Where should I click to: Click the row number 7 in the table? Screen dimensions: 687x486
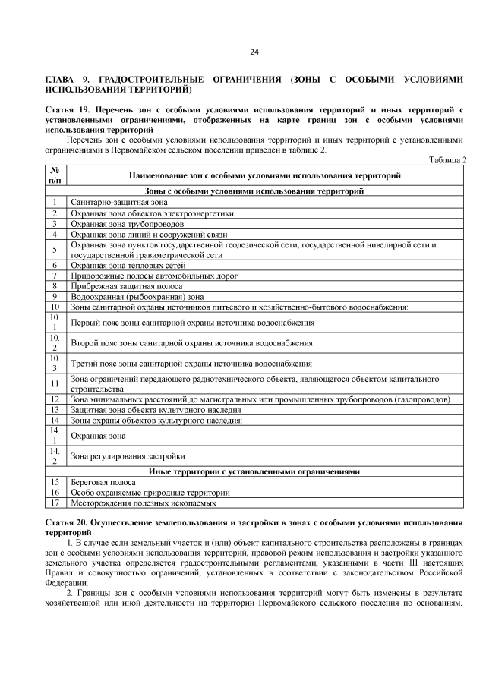tap(55, 276)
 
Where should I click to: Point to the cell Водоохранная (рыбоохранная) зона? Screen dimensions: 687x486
tap(137, 297)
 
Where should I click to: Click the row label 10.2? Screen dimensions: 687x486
tap(55, 343)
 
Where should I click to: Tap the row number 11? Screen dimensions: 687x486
tap(55, 384)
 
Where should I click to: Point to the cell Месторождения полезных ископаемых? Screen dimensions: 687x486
tap(144, 503)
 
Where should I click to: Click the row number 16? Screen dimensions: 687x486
tap(55, 492)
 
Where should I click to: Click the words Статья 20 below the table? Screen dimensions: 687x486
tap(67, 524)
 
